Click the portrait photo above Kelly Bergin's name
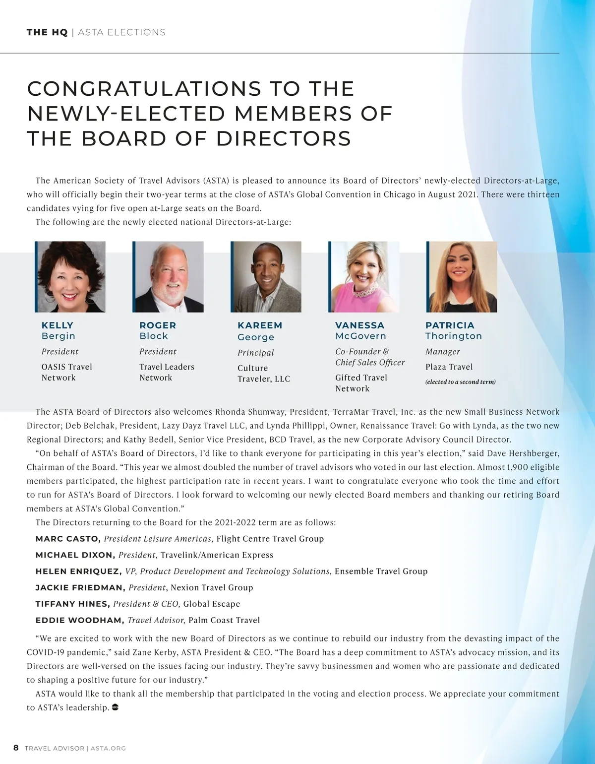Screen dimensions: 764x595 (x=70, y=277)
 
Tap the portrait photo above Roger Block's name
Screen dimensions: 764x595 (x=168, y=277)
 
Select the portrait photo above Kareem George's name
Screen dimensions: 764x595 (x=266, y=277)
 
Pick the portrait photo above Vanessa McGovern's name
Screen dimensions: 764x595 (x=364, y=277)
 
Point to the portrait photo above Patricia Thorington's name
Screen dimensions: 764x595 (x=462, y=277)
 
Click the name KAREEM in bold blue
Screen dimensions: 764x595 (x=260, y=325)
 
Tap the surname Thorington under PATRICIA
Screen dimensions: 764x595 (x=454, y=336)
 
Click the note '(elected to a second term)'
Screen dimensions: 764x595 (x=460, y=382)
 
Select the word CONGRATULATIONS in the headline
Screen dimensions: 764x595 (x=144, y=89)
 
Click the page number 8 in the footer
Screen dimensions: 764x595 (x=16, y=748)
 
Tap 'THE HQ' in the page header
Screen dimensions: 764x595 (x=47, y=33)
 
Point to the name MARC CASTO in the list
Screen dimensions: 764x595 (x=68, y=539)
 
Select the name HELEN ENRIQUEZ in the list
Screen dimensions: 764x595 (x=78, y=572)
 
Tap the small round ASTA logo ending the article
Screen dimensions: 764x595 (x=115, y=707)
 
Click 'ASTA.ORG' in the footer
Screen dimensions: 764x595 (x=108, y=748)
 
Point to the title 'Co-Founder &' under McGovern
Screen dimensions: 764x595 (x=362, y=352)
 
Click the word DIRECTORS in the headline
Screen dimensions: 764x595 (x=284, y=139)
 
